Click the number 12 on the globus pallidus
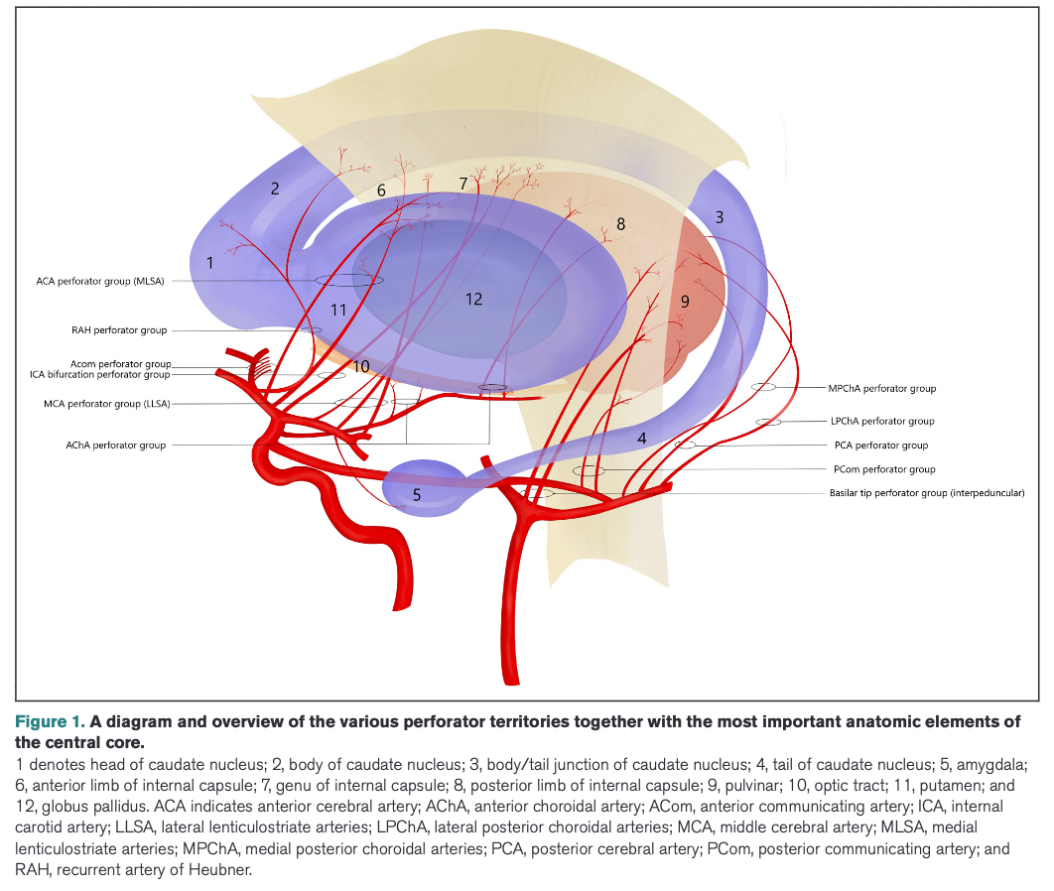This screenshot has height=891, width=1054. pos(474,298)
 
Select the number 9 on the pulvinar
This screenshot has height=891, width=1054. pos(685,301)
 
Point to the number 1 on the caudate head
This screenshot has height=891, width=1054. pos(209,263)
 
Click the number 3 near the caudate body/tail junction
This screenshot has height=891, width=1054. pos(720,216)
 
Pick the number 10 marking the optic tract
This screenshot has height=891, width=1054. pos(361,367)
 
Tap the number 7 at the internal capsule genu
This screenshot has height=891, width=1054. pos(462,183)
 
